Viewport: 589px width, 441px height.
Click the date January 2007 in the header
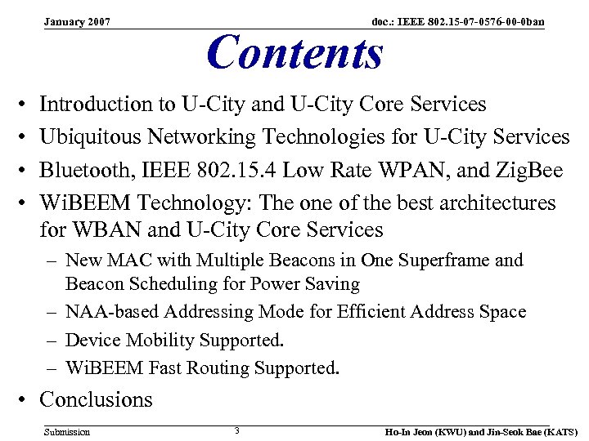[78, 20]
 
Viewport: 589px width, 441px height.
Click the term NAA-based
[113, 312]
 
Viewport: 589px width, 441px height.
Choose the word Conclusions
[96, 399]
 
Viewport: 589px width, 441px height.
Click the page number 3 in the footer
[236, 430]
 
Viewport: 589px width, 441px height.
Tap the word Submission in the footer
[67, 431]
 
